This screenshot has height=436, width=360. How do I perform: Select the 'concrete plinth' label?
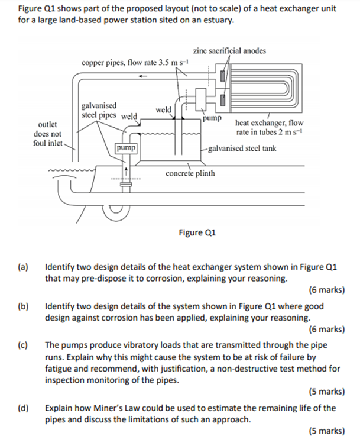tap(190, 173)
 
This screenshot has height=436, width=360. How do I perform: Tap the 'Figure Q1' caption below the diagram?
tap(196, 232)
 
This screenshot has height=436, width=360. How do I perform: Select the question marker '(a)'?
tap(24, 267)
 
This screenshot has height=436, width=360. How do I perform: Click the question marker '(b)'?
tap(24, 307)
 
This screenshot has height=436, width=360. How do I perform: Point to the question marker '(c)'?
tap(24, 345)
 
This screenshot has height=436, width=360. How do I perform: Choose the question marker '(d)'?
tap(24, 408)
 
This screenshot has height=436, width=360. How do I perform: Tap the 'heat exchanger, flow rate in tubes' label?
tap(268, 127)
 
